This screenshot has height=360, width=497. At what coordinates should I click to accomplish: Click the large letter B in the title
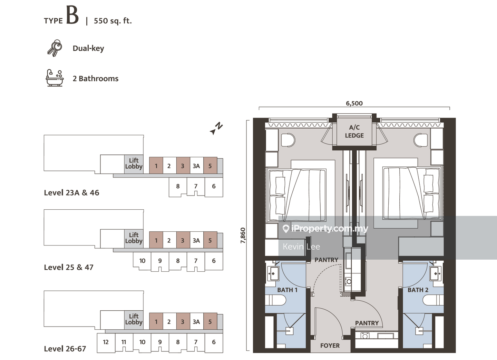(72, 16)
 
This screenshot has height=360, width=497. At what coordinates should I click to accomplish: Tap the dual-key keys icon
(55, 48)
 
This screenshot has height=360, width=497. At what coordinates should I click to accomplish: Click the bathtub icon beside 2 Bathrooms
(55, 78)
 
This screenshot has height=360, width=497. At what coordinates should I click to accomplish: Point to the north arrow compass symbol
(216, 128)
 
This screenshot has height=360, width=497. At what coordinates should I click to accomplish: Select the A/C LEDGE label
(354, 131)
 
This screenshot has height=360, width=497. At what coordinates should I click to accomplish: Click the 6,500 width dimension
(354, 103)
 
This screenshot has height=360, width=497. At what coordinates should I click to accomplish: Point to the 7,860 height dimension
(243, 236)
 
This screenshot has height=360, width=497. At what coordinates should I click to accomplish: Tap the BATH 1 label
(287, 290)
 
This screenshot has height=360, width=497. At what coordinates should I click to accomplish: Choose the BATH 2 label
(418, 290)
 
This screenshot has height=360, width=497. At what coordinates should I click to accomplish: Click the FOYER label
(330, 346)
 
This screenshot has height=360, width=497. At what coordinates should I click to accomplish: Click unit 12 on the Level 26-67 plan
(106, 342)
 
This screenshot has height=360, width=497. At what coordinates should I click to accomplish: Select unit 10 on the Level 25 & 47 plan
(142, 261)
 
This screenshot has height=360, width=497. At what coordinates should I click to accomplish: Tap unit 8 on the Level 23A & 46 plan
(178, 186)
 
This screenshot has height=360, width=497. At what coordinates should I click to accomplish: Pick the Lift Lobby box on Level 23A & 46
(134, 163)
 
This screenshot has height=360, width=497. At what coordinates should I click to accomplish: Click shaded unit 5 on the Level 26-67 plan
(210, 322)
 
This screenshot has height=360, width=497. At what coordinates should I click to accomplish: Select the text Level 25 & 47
(69, 267)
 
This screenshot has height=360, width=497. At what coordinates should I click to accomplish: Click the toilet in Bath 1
(277, 301)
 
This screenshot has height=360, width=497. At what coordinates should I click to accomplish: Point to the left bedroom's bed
(297, 195)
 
